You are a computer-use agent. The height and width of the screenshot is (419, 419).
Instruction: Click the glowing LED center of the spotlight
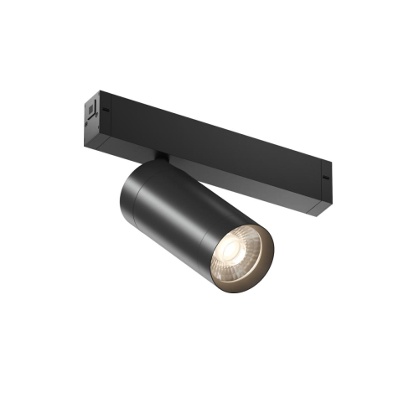point(237,251)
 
